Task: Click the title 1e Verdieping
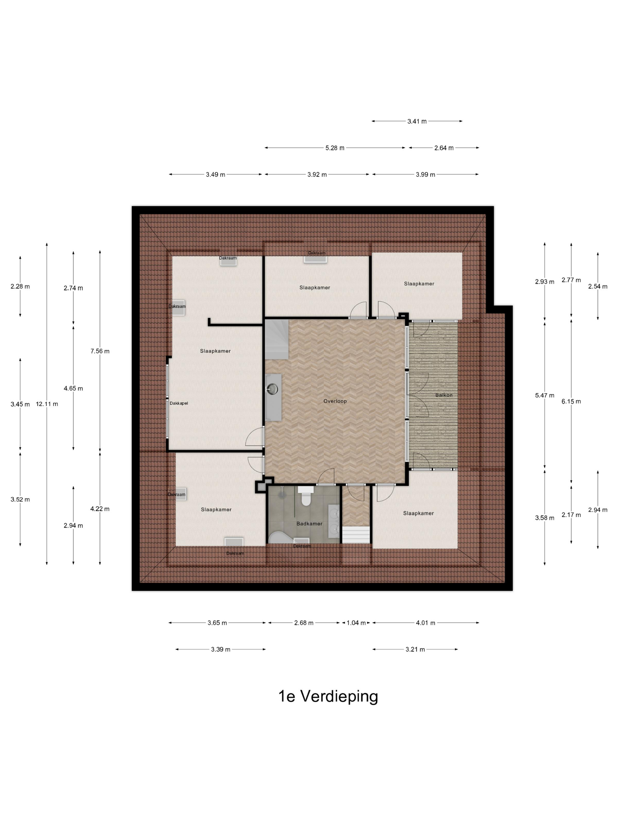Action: [328, 696]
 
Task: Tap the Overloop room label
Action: [335, 401]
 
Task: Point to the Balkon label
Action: [444, 395]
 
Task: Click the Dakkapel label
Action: [179, 403]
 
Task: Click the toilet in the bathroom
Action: [306, 496]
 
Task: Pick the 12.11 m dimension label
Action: [47, 404]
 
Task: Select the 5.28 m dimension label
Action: [335, 148]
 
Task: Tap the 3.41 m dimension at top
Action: [417, 121]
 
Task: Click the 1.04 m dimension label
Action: [356, 623]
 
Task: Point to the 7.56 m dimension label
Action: [100, 351]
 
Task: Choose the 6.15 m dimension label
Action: [571, 401]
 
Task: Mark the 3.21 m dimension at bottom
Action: [415, 649]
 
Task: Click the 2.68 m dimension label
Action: [304, 623]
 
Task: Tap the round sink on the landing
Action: [273, 389]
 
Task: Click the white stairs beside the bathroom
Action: [356, 534]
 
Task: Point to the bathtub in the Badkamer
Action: [282, 537]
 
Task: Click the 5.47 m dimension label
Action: [545, 395]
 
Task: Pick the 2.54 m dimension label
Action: [597, 286]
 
